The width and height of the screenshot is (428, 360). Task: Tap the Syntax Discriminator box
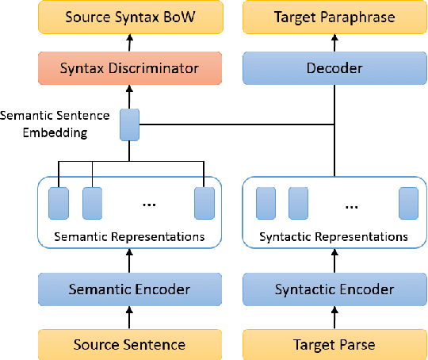coord(129,68)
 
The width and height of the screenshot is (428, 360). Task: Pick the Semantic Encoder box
coord(129,289)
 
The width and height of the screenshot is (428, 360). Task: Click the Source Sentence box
coord(129,344)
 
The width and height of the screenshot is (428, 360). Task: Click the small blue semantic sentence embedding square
coord(129,124)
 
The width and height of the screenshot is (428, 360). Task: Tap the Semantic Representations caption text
coord(129,236)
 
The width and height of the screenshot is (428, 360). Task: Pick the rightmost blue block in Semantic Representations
coord(204,203)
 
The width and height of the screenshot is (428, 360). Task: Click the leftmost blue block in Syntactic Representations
coord(265,203)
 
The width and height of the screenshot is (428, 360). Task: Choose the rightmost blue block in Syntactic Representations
coord(408,203)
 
